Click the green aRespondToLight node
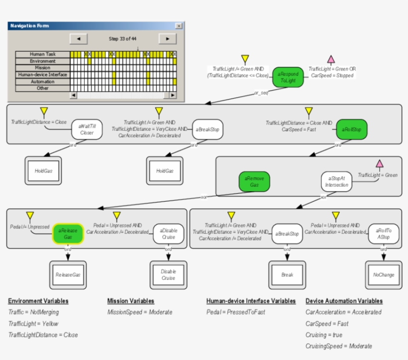point(288,77)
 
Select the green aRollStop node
point(351,129)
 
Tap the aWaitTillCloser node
point(87,129)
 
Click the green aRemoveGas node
point(254,181)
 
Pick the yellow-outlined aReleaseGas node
point(68,234)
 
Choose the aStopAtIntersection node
point(336,181)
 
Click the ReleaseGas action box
point(68,274)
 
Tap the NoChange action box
point(383,274)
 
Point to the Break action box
point(287,274)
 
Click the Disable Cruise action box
point(168,274)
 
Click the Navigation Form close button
point(179,26)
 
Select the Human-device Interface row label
point(42,75)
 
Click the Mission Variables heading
point(130,301)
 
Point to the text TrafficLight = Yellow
point(33,324)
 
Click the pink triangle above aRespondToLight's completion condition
point(331,60)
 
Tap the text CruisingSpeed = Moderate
point(338,346)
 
